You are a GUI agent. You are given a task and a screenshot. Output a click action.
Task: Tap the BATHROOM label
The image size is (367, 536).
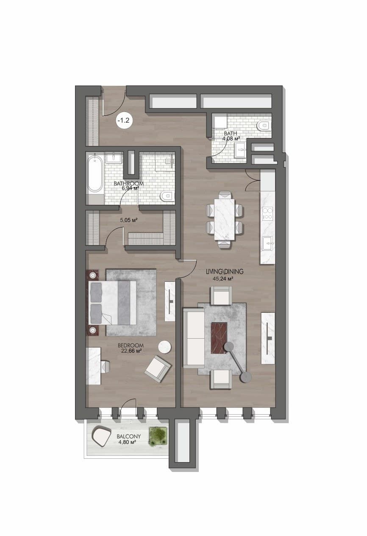(x=129, y=183)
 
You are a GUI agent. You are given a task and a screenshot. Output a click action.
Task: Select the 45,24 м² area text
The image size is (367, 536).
(x=222, y=278)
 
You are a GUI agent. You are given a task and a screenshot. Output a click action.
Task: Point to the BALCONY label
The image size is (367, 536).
(x=128, y=436)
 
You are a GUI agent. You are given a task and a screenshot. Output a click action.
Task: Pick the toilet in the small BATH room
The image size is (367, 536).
(x=263, y=125)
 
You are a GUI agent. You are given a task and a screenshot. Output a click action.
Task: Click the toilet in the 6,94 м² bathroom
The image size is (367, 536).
(x=167, y=196)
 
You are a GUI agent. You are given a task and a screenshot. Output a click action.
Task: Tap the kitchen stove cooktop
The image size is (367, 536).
(x=267, y=213)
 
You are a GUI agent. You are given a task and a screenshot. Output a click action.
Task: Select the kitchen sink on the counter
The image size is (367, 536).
(x=268, y=243)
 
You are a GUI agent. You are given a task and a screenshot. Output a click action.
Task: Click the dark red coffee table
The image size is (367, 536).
(x=219, y=338)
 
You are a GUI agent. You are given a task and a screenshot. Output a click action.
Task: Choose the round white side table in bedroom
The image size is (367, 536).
(x=164, y=347)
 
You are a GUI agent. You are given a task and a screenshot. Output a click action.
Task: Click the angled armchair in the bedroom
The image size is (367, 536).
(x=158, y=369)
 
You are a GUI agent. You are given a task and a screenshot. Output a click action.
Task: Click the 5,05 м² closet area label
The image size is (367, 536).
(x=129, y=220)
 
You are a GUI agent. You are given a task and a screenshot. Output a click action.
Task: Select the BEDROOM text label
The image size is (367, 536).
(x=131, y=345)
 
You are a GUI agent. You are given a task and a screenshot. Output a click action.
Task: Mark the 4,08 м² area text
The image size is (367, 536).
(x=231, y=138)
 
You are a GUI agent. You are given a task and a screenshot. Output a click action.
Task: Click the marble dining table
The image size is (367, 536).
(x=225, y=219)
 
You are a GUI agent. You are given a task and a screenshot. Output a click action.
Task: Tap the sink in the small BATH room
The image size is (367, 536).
(x=240, y=150)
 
